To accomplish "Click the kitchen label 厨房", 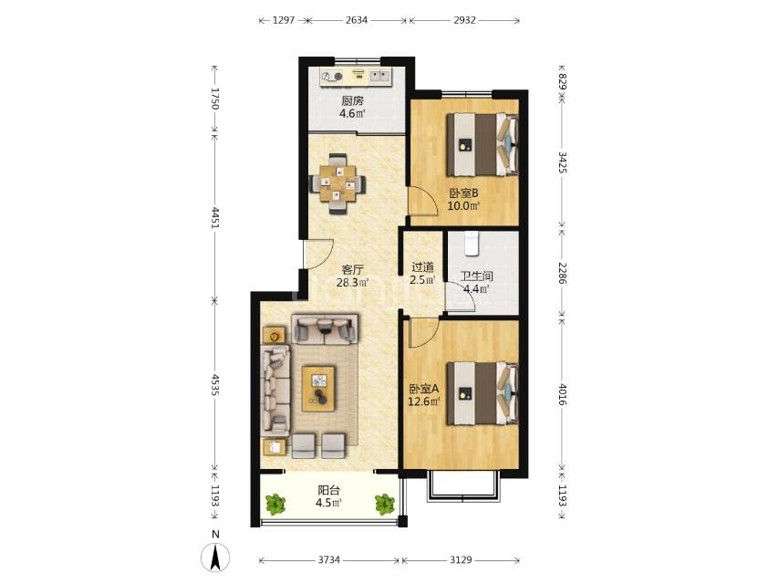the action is click(352, 101).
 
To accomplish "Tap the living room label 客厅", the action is click(352, 270).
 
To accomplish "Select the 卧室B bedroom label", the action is click(463, 193).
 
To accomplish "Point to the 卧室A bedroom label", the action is click(424, 389).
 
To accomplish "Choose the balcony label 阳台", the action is click(329, 490).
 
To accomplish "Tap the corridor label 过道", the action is click(422, 267).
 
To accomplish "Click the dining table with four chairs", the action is click(338, 184).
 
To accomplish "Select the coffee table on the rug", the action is click(319, 389).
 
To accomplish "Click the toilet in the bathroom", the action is click(472, 242).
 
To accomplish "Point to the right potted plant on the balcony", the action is click(385, 504).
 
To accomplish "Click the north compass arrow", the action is click(215, 558).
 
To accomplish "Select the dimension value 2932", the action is click(464, 20).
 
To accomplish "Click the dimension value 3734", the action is click(329, 560).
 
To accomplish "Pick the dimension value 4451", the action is click(214, 218).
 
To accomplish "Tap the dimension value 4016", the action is click(562, 394).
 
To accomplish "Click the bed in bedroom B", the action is click(483, 145).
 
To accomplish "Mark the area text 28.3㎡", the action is click(353, 283).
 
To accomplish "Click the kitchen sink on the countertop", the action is click(380, 76).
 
